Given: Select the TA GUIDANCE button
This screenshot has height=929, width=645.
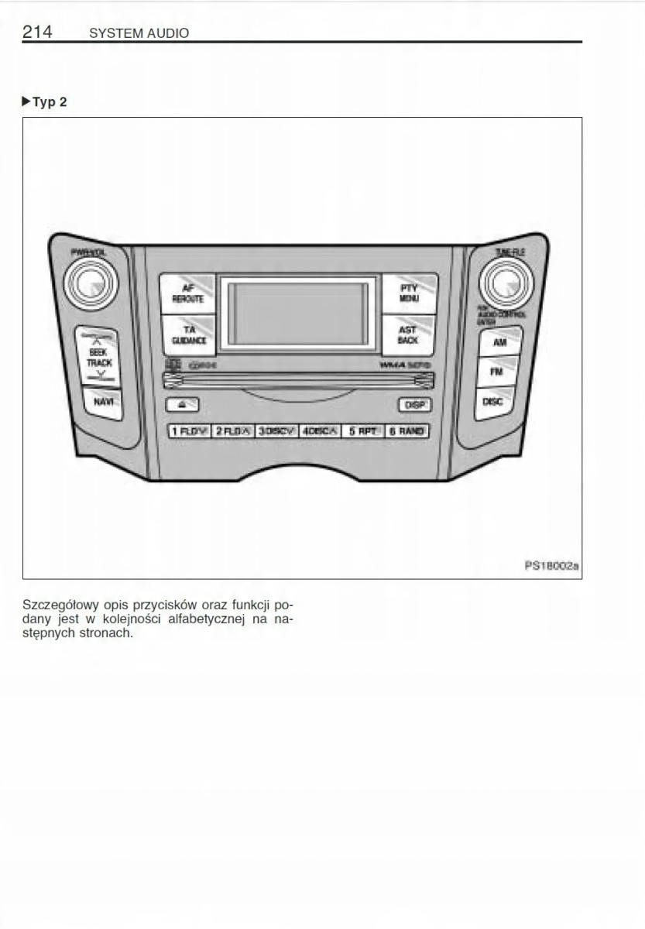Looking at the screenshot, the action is coord(188,335).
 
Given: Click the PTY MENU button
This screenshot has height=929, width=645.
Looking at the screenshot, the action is coord(408,293).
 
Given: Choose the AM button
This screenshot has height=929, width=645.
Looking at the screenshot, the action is coord(499,342).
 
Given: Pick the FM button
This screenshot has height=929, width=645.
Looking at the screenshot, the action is coord(496,372).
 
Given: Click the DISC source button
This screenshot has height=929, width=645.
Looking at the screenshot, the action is coord(493,403).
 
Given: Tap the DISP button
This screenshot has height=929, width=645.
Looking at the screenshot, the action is coord(414,405).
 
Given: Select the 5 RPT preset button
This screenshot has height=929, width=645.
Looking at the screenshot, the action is coord(362,431).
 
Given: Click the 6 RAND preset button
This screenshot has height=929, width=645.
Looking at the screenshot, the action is coord(407,431).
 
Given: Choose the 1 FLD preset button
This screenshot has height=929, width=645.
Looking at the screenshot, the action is coord(189,431).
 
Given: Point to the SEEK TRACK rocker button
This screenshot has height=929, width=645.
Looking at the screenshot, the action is coord(98,358).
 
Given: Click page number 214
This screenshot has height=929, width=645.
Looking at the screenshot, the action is coord(37,32).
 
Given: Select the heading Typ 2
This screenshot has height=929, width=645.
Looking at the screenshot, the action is coord(49,102).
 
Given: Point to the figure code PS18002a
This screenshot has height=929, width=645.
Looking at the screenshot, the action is coord(551,566).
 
